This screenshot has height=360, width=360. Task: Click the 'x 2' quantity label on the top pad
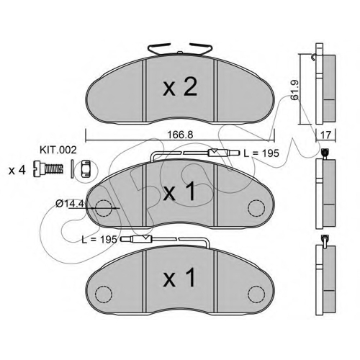180,87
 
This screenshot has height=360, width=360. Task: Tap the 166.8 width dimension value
180,135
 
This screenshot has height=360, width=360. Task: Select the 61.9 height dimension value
294,90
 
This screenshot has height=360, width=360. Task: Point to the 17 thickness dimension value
325,135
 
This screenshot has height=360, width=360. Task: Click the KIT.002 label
58,150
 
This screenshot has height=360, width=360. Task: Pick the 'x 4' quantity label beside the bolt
17,171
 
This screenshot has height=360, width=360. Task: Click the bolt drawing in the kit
48,169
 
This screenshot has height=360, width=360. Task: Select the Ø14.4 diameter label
70,204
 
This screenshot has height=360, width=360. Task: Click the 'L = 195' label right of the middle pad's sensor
261,153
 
